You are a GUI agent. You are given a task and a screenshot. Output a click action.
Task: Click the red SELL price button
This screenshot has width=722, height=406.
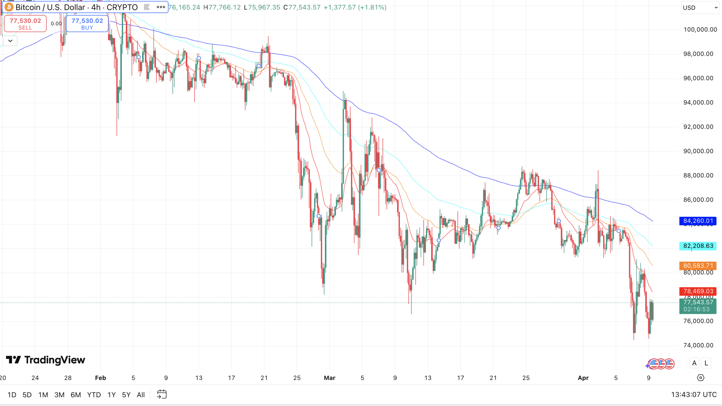(25, 24)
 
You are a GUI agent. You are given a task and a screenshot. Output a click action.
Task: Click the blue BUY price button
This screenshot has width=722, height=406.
(87, 24)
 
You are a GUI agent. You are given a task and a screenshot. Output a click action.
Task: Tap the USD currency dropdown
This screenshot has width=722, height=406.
(700, 8)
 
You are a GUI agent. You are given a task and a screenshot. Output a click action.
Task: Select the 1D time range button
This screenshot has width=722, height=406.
(12, 395)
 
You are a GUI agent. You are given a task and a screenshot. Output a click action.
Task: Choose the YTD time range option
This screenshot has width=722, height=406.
(94, 395)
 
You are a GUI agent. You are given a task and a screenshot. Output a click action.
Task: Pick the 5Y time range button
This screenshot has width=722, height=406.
(126, 395)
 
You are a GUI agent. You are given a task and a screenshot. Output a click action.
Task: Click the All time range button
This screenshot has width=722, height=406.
(141, 395)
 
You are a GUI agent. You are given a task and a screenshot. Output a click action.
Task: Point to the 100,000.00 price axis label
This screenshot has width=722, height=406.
(700, 30)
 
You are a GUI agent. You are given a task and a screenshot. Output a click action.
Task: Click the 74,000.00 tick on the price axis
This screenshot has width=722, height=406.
(698, 345)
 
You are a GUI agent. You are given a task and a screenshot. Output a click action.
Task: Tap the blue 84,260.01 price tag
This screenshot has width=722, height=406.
(698, 221)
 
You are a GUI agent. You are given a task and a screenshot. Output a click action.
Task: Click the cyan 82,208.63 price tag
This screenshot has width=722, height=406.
(698, 246)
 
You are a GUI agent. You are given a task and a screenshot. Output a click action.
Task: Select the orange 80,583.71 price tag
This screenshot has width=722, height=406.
(698, 266)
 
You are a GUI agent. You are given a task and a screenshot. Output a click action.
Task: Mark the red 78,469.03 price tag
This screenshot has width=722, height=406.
(698, 291)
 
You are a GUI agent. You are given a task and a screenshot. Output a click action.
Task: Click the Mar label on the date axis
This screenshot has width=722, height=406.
(329, 378)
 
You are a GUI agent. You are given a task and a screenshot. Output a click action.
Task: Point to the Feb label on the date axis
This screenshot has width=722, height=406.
(100, 378)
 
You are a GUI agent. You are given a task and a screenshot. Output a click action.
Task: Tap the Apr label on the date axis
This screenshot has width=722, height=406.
(583, 378)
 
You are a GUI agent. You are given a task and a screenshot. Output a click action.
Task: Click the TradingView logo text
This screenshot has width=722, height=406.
(54, 360)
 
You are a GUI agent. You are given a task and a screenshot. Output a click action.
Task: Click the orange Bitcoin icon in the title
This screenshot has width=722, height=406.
(9, 7)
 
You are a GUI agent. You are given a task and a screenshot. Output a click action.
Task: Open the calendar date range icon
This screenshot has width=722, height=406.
(162, 394)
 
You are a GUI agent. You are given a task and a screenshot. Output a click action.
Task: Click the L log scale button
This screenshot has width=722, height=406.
(706, 363)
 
